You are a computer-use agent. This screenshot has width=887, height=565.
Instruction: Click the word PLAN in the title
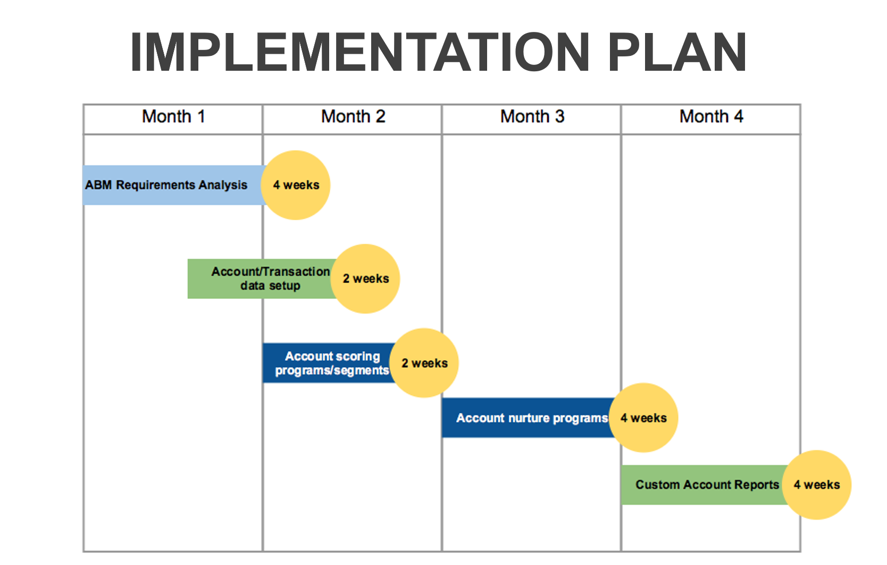point(677,52)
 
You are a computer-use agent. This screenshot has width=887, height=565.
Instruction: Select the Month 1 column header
point(173,117)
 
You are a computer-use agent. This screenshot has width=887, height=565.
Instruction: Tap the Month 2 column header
point(353,117)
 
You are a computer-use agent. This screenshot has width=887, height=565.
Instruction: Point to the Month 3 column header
point(532,117)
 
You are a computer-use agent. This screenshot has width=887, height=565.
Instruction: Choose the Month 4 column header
point(711,117)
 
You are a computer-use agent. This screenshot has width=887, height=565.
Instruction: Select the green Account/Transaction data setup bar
point(261,279)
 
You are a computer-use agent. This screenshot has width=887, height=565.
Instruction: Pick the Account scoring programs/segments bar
point(329,363)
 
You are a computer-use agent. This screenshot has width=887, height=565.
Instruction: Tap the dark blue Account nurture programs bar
point(528,418)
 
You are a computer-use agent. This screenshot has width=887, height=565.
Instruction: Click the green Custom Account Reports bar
point(705,485)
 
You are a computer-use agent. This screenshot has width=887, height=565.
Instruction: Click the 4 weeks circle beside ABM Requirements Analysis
point(296,185)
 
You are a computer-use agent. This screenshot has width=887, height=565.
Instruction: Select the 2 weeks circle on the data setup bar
point(365,279)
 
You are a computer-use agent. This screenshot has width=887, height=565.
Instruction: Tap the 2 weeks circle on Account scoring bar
point(424,363)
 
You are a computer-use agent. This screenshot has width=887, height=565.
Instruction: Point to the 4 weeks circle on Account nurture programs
point(643,418)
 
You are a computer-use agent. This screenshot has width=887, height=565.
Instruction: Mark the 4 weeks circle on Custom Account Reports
point(817,485)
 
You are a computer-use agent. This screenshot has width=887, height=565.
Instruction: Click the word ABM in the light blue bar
point(98,185)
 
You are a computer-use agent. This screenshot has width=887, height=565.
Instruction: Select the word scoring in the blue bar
point(356,356)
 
